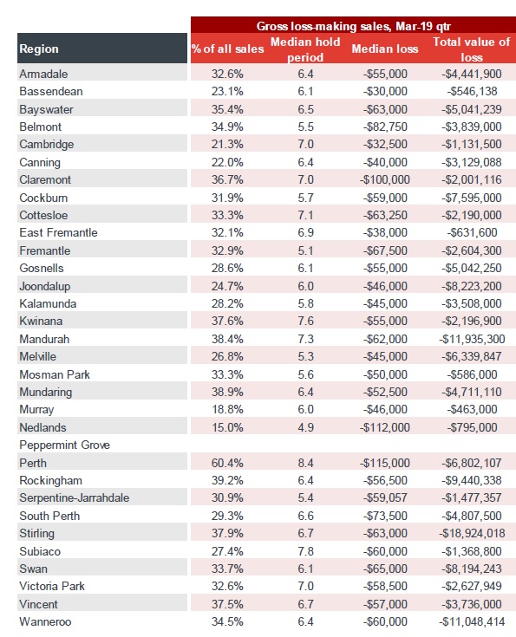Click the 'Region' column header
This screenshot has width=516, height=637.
tap(39, 49)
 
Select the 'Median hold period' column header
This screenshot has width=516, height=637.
tap(305, 49)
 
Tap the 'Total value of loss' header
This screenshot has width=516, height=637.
tap(471, 49)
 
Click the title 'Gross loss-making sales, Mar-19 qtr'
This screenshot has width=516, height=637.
tap(353, 26)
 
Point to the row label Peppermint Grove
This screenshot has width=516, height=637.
tap(65, 445)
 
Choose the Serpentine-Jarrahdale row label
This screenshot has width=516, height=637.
tap(75, 498)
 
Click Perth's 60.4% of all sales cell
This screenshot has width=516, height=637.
tap(227, 463)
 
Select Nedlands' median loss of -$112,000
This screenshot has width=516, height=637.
tap(385, 427)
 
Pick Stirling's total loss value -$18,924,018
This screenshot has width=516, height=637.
tap(472, 533)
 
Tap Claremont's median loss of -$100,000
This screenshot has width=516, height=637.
tap(385, 179)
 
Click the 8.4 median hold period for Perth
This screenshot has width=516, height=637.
tap(305, 463)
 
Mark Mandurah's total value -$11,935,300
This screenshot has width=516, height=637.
tap(472, 339)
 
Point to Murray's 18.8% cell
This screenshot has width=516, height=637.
tap(227, 409)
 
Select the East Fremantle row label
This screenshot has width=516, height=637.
tap(59, 232)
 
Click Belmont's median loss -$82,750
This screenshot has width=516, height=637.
tap(385, 127)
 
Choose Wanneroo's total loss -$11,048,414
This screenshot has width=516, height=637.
tap(472, 621)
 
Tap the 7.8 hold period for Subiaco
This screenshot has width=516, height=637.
tap(305, 551)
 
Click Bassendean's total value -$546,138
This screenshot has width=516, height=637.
tap(472, 91)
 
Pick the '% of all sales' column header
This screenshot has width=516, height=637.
tap(228, 49)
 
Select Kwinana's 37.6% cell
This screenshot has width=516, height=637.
tap(227, 321)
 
